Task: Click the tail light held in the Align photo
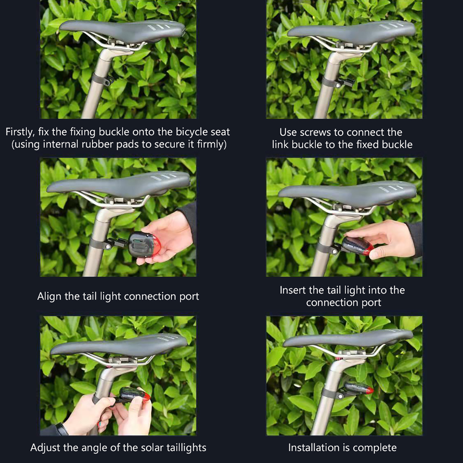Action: point(144,245)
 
